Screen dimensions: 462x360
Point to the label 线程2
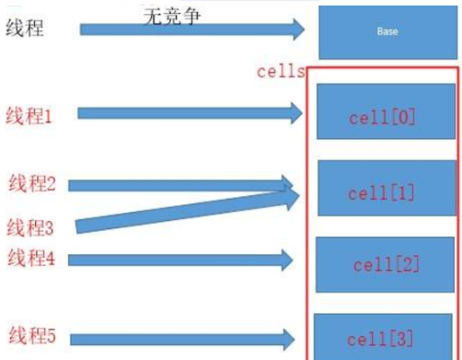(x=32, y=183)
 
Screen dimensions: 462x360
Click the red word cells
(x=281, y=72)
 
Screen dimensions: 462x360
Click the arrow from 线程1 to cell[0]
(x=189, y=113)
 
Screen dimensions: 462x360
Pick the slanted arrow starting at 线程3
(x=184, y=211)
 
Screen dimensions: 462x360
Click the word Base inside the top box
(x=387, y=31)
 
